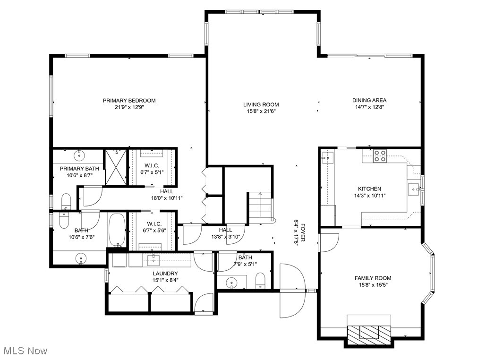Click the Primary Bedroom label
(129, 101)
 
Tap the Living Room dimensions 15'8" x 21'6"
(261, 111)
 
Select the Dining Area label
(369, 100)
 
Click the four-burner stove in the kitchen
(380, 155)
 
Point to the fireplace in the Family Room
(369, 335)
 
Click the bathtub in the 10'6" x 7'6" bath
(117, 230)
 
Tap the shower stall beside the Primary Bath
(116, 167)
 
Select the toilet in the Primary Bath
(66, 202)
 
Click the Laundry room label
(165, 274)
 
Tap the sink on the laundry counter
(153, 260)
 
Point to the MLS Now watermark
(25, 351)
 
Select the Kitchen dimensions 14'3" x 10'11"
(370, 196)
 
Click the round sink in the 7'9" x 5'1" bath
(231, 283)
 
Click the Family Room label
(373, 278)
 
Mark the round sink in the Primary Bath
(80, 154)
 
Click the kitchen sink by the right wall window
(414, 189)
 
